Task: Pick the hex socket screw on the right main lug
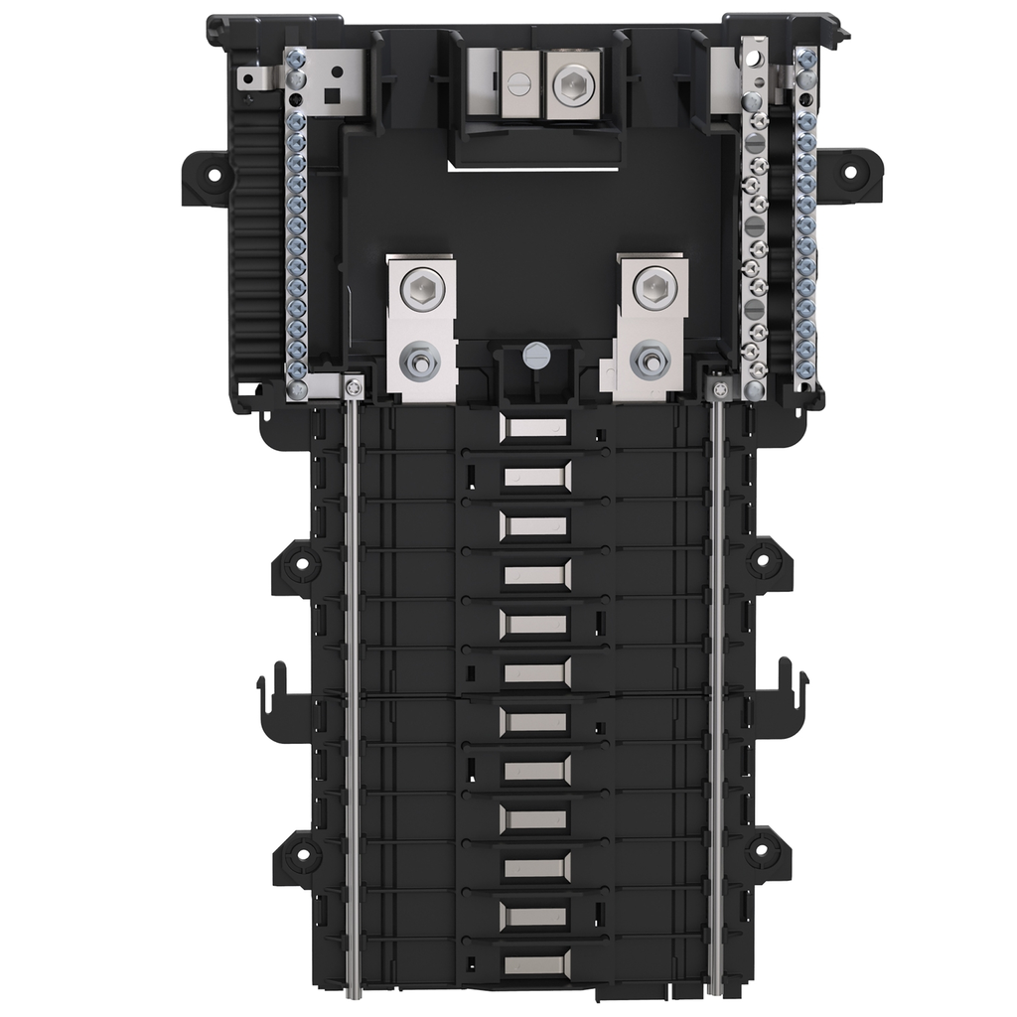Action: coord(654,287)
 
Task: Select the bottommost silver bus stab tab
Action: coord(536,963)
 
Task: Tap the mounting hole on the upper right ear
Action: coord(849,171)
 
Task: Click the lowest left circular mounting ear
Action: coord(300,851)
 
